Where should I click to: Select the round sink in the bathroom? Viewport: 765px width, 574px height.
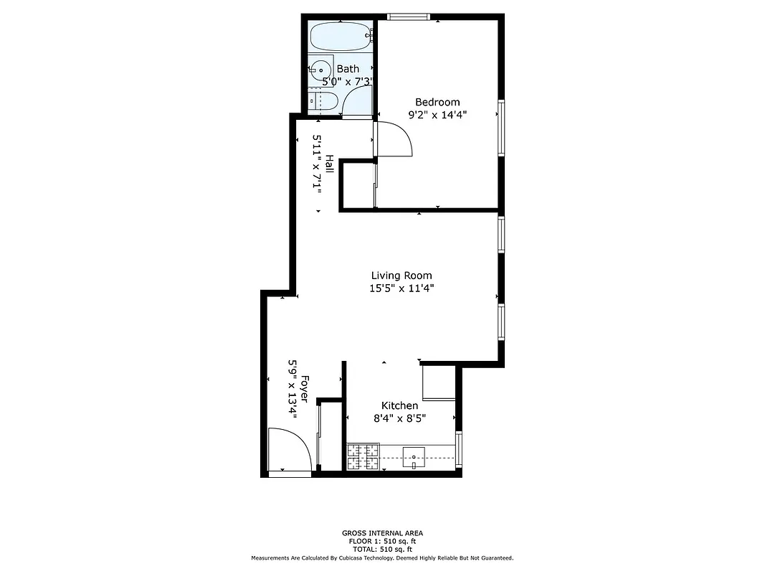[320, 70]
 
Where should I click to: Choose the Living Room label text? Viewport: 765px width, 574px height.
[401, 276]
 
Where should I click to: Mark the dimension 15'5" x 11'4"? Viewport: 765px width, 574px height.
[401, 288]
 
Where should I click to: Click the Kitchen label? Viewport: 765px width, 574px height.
[399, 406]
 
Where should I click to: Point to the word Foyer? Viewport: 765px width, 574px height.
[305, 389]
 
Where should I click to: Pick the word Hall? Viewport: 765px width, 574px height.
[329, 164]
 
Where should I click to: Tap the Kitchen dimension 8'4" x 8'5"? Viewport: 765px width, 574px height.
[399, 418]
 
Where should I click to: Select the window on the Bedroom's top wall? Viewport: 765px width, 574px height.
[408, 17]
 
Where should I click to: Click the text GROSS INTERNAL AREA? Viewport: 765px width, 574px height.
[382, 533]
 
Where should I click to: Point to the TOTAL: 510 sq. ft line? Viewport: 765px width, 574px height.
[382, 548]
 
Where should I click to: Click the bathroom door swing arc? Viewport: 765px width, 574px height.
[358, 104]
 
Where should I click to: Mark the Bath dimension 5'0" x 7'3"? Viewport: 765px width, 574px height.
[348, 82]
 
